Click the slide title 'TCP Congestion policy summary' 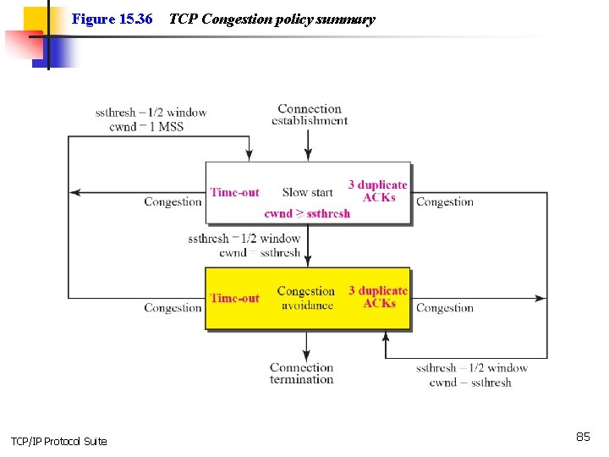point(272,19)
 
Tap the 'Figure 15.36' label point(112,19)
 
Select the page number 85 point(583,437)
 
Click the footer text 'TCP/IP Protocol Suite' point(58,442)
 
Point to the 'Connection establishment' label point(310,114)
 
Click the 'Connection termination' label point(302,373)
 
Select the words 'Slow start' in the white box point(307,192)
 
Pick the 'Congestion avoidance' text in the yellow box point(306,298)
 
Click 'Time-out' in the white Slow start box point(234,192)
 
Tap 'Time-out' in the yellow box point(234,298)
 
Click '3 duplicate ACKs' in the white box point(378,191)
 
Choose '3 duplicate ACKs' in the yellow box point(378,297)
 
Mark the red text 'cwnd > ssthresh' point(307,213)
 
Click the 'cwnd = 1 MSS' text point(146,127)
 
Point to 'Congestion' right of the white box point(445,202)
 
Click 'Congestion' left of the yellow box point(173,308)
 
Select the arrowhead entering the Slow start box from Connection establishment point(308,157)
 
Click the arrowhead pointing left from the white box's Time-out point(74,193)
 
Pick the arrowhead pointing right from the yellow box point(541,298)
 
